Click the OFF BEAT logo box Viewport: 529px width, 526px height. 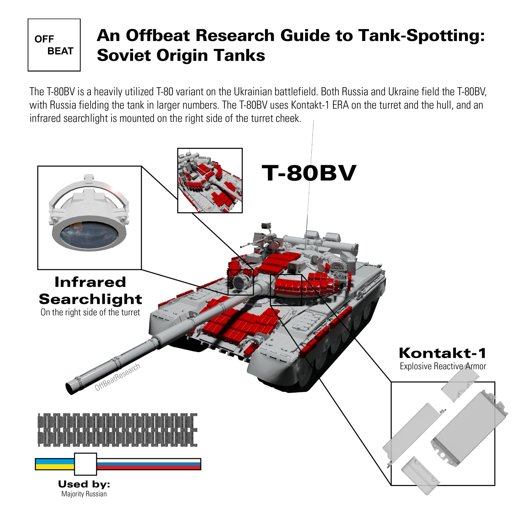click(54, 45)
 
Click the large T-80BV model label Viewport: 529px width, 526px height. click(309, 173)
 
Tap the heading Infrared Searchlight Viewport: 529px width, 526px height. click(90, 291)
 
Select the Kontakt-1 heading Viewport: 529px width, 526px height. click(442, 353)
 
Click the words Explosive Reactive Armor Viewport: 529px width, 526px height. click(443, 366)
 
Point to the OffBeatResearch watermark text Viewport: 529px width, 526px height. click(118, 377)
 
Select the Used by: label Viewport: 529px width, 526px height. click(84, 484)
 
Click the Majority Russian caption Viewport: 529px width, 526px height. click(84, 494)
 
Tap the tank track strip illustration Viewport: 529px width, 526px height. click(117, 430)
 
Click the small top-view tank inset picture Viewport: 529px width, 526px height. click(210, 180)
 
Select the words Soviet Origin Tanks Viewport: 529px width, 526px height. click(181, 55)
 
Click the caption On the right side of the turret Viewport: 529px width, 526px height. click(90, 312)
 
